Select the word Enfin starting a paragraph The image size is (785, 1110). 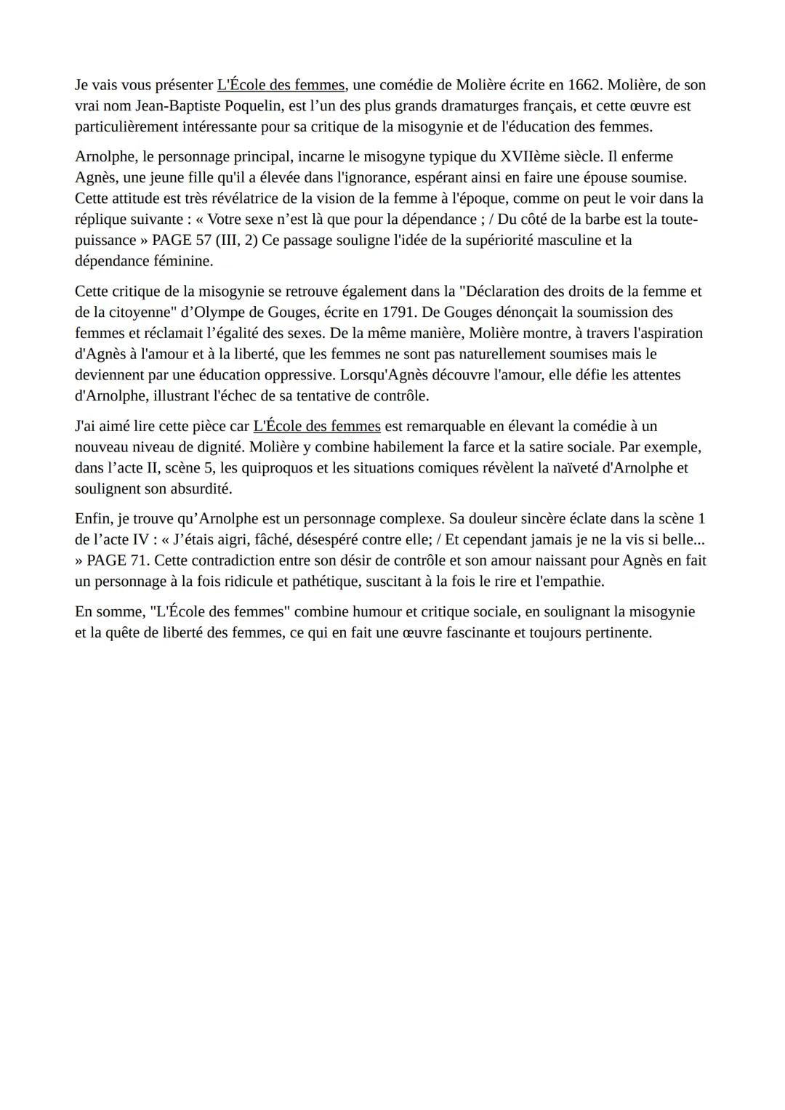tap(93, 519)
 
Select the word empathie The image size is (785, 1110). tap(571, 582)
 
